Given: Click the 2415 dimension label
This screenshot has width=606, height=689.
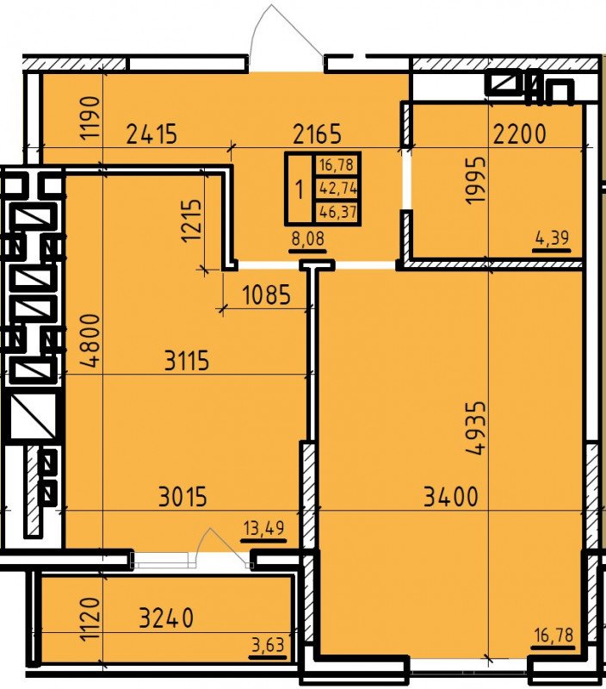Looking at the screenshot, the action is tap(152, 134).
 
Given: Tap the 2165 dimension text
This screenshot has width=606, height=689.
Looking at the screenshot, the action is tap(317, 134).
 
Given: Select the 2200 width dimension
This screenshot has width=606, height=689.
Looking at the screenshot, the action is tap(520, 134).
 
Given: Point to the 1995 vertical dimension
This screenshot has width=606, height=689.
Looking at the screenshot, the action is tap(477, 181).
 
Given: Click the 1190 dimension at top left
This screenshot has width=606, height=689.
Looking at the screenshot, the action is tap(90, 118).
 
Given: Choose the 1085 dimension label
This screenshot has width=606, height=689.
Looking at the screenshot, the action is tap(267, 295).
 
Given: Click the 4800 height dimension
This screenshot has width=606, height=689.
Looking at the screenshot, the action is tap(90, 341).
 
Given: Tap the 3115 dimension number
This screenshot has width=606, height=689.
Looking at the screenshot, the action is tap(187, 362).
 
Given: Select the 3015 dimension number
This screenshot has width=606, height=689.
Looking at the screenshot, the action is tap(182, 498).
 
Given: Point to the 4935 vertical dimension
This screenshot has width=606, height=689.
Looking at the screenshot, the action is tap(477, 428).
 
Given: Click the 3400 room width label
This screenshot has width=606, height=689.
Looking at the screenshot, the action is tap(451, 498).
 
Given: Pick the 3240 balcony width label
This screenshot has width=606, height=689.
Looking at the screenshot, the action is tap(166, 618).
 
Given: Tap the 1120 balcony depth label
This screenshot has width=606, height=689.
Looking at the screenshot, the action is tap(90, 618).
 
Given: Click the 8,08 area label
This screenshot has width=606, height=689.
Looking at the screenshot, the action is tap(308, 239).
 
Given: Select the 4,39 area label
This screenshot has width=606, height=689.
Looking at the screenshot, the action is tap(553, 239).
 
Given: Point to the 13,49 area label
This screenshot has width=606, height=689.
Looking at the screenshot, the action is tap(264, 528).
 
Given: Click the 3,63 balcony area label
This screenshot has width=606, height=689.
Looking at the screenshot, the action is tap(268, 645).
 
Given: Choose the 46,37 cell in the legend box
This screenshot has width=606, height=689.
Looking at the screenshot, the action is tap(338, 212).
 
